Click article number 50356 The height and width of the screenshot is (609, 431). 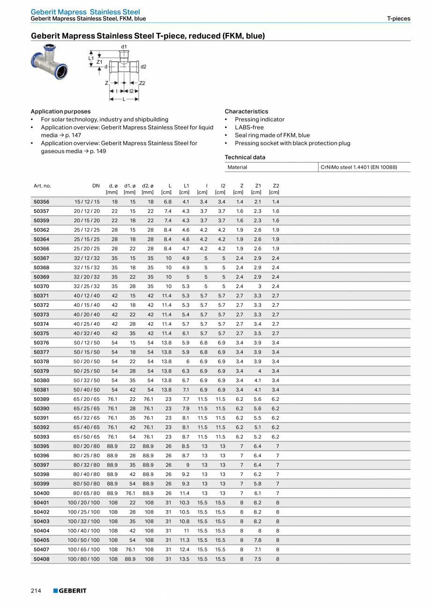click(41, 202)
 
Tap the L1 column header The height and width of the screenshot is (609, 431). click(186, 186)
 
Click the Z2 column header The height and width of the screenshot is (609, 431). click(276, 186)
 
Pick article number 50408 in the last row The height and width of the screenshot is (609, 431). click(41, 559)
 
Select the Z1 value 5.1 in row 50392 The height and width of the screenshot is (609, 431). click(257, 427)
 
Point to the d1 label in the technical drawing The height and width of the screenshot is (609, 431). click(124, 47)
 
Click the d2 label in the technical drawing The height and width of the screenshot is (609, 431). click(143, 67)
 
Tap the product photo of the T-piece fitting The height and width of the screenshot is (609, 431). click(49, 61)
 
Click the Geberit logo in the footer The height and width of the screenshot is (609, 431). click(70, 591)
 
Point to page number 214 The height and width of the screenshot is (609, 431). click(36, 591)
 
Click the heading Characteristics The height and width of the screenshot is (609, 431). click(246, 111)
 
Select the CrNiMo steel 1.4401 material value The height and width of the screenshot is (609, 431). click(358, 167)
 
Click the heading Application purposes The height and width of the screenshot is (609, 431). click(60, 111)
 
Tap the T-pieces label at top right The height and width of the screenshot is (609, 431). click(398, 19)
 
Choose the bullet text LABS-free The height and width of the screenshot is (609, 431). click(249, 127)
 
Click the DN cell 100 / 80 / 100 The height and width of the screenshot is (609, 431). click(84, 559)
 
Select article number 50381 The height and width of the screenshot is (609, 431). click(41, 390)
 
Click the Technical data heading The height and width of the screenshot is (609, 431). click(245, 157)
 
